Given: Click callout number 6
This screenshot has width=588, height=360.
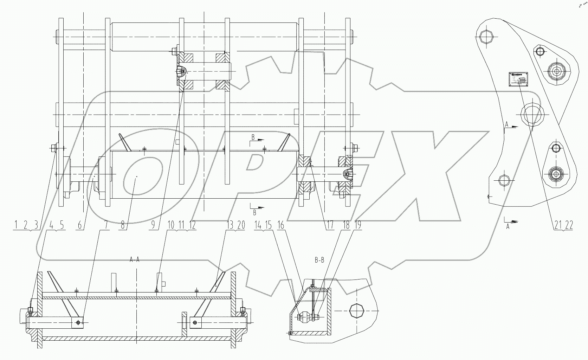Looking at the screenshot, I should (x=80, y=225).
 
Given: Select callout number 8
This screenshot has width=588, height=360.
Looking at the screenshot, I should (x=123, y=225).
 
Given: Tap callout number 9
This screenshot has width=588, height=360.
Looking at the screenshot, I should (x=152, y=225).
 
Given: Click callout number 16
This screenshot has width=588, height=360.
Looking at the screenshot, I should (x=281, y=225).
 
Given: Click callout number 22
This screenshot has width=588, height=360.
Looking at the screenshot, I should (x=569, y=225).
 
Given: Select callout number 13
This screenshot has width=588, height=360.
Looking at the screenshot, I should (x=231, y=225).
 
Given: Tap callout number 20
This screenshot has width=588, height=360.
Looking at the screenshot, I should (x=241, y=225).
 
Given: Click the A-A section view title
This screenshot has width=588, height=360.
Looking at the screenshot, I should (x=135, y=260).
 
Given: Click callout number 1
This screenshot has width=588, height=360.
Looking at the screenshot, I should (x=16, y=225).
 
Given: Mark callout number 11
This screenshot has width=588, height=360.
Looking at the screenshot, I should (x=182, y=225).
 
